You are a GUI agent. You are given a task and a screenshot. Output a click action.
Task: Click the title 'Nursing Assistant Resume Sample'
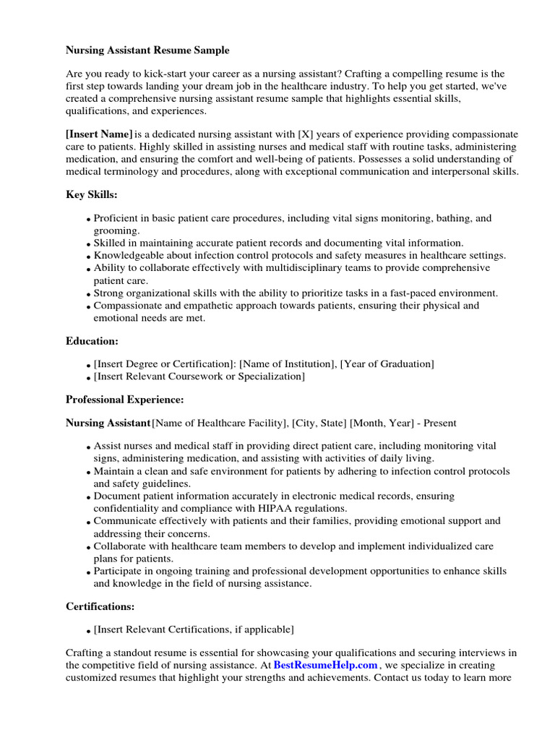click(x=147, y=51)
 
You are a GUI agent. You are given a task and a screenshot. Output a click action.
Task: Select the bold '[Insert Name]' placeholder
click(x=99, y=134)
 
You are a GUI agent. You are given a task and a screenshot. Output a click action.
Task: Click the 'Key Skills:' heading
click(x=92, y=195)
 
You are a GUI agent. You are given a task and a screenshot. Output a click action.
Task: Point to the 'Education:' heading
click(x=92, y=340)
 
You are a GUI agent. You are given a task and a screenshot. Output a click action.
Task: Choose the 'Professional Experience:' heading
click(x=124, y=399)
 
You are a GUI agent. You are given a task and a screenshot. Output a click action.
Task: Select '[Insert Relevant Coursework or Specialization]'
click(x=199, y=377)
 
